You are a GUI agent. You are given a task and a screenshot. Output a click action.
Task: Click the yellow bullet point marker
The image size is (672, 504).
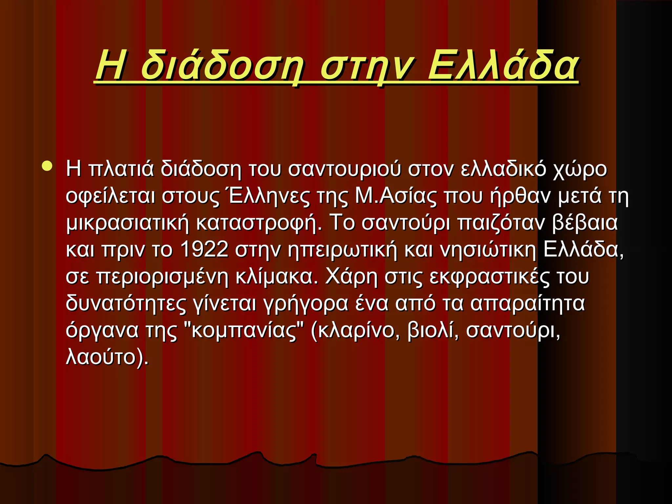(47, 166)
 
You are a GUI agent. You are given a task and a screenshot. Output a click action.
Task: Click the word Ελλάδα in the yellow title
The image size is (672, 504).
(503, 66)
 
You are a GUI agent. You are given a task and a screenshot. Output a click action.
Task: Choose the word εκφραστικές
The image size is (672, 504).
(489, 277)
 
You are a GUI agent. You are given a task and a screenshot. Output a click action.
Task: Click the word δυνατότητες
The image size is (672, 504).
(126, 304)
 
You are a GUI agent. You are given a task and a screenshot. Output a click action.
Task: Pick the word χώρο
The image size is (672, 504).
(580, 169)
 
